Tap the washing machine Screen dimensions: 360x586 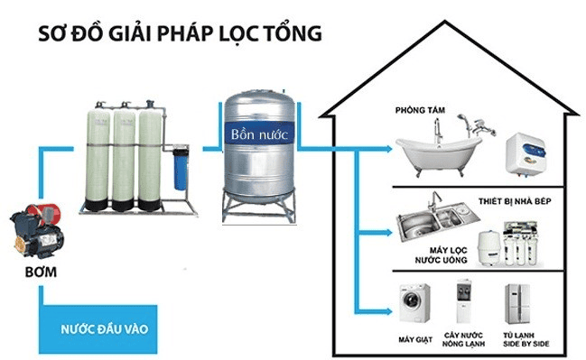coord(414,303)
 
